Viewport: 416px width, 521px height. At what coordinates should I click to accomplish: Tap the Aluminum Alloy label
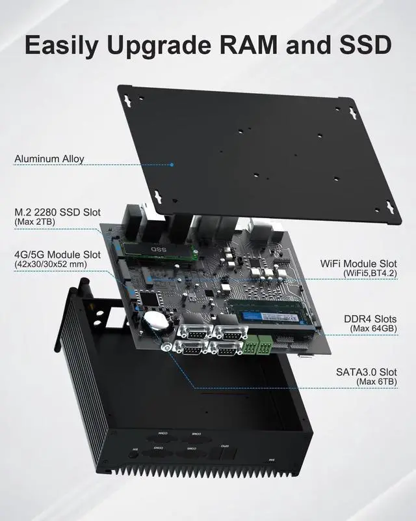[x=49, y=158]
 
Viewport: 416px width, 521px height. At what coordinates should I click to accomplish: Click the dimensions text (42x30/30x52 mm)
[x=50, y=264]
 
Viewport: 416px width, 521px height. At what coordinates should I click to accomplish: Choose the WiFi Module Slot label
[x=359, y=264]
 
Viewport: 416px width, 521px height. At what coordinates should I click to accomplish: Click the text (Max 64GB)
[x=374, y=329]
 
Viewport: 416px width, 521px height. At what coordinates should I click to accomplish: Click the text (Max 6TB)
[x=377, y=381]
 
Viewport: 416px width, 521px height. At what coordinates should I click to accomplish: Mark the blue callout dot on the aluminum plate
[x=172, y=164]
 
